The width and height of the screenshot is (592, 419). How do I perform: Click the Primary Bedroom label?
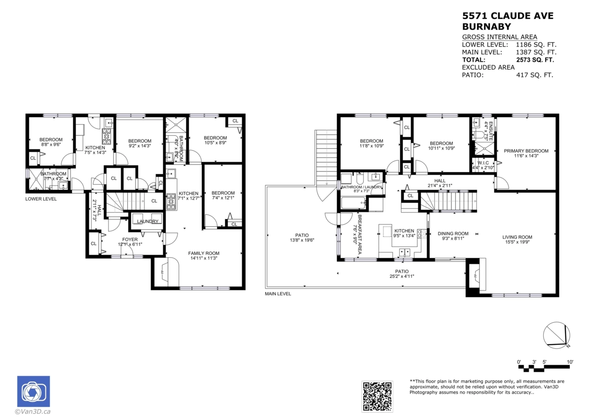(x=526, y=151)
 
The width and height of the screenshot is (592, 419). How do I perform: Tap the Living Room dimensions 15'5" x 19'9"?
(x=518, y=242)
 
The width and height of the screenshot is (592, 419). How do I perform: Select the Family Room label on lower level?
(x=204, y=253)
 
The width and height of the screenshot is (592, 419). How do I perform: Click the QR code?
(x=378, y=396)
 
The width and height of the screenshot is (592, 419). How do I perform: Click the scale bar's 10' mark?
(x=570, y=362)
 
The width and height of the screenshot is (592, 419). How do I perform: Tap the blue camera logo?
(x=34, y=392)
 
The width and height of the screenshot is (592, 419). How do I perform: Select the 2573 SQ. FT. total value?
(x=535, y=59)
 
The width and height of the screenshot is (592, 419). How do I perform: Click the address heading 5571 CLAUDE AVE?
(x=508, y=16)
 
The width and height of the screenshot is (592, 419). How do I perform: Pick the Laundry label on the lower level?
(x=148, y=221)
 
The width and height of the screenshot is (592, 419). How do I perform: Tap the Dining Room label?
(x=453, y=233)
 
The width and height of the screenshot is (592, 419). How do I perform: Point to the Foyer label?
(x=130, y=240)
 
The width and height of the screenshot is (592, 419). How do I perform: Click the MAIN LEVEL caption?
(x=278, y=293)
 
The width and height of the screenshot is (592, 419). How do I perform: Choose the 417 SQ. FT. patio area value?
(x=535, y=75)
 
